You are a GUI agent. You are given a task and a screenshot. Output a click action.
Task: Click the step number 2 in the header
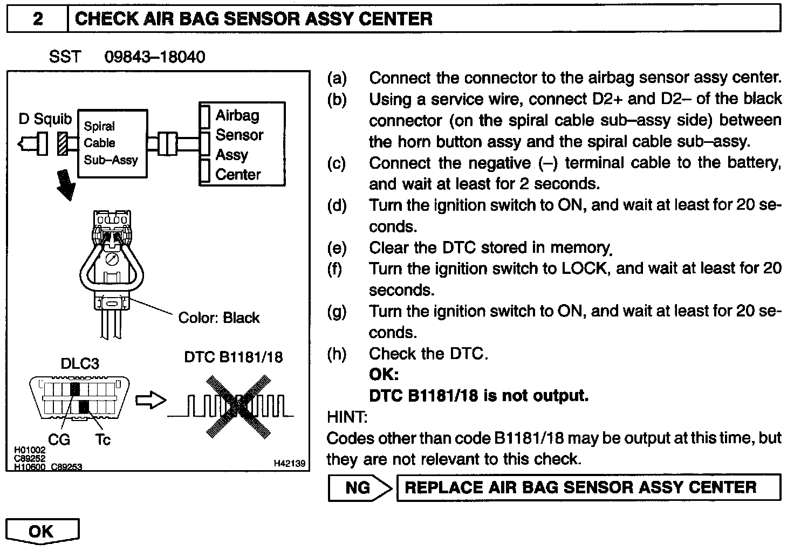tap(37, 19)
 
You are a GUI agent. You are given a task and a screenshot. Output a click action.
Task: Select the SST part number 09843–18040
tap(154, 57)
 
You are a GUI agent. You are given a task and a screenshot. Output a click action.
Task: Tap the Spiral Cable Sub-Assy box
tap(112, 143)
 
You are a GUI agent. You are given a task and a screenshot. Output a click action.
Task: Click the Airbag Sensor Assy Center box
tap(242, 144)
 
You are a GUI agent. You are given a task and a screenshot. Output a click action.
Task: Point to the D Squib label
tap(45, 119)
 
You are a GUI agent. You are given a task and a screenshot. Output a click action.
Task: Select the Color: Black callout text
tap(218, 318)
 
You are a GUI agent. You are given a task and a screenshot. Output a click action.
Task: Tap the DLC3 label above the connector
tap(79, 363)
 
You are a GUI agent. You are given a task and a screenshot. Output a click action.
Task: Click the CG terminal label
tap(59, 440)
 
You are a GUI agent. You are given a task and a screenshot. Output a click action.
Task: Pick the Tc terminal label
tap(102, 440)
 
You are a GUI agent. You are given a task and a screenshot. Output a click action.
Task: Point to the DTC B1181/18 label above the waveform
tap(233, 357)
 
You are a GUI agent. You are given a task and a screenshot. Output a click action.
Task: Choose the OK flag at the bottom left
tap(43, 532)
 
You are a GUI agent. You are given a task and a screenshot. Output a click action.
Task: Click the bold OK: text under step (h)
tap(384, 375)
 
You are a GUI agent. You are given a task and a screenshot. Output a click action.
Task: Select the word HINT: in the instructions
tap(347, 417)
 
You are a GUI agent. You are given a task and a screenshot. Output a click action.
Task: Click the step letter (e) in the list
tap(337, 248)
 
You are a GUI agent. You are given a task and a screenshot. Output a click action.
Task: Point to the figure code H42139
tap(289, 463)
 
